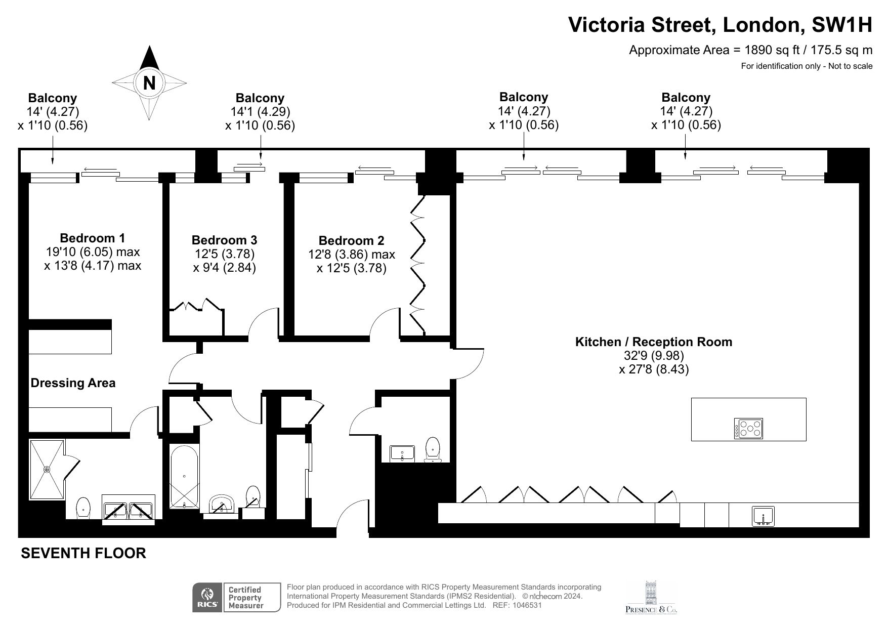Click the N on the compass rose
(149, 82)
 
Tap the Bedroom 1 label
(92, 238)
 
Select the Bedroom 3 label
(224, 240)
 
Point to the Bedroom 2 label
(351, 241)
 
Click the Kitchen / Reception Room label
(654, 342)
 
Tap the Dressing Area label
(73, 383)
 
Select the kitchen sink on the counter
(763, 516)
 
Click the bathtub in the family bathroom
(184, 476)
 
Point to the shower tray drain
(47, 469)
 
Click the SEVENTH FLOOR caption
(83, 554)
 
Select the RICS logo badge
(206, 598)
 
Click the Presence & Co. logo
(651, 598)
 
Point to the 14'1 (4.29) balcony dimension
(260, 112)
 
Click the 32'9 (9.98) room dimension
(654, 356)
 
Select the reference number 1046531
(527, 605)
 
